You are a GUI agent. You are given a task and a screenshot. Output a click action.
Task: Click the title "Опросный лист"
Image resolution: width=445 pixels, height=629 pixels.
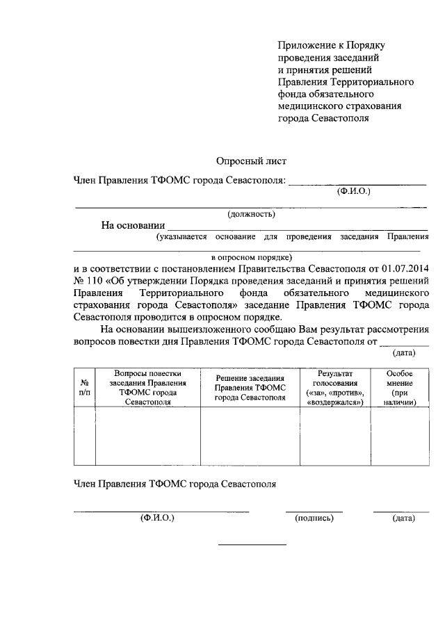click(x=251, y=161)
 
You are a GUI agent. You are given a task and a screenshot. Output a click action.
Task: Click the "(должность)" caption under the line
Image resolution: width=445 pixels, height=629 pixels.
click(x=251, y=213)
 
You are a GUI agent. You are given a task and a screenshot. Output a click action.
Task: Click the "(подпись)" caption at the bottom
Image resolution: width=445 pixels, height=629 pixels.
click(x=314, y=518)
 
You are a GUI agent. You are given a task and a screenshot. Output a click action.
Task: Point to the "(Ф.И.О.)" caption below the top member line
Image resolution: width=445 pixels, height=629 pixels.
click(x=353, y=190)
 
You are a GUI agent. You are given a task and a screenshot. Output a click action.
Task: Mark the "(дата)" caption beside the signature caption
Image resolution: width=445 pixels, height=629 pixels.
click(x=403, y=518)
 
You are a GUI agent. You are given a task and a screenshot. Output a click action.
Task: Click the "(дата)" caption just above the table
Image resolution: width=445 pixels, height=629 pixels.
click(x=404, y=352)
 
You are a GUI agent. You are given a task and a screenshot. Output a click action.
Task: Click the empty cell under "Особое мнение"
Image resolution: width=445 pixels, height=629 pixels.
click(x=400, y=436)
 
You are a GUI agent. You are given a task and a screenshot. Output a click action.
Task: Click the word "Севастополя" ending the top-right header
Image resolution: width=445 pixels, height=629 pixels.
click(x=341, y=117)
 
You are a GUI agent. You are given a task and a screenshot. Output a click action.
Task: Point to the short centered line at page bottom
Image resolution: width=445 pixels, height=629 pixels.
click(x=252, y=544)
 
